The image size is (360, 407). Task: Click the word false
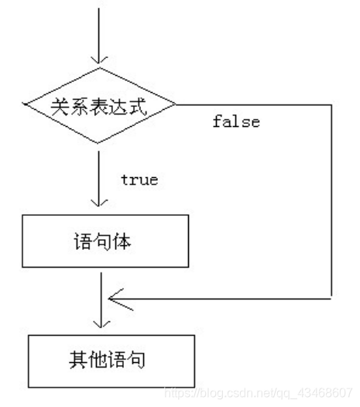[x=236, y=122]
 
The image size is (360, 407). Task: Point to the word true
[x=139, y=180]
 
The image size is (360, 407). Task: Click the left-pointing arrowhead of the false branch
[x=114, y=296]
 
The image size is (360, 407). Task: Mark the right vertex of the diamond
[x=177, y=105]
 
